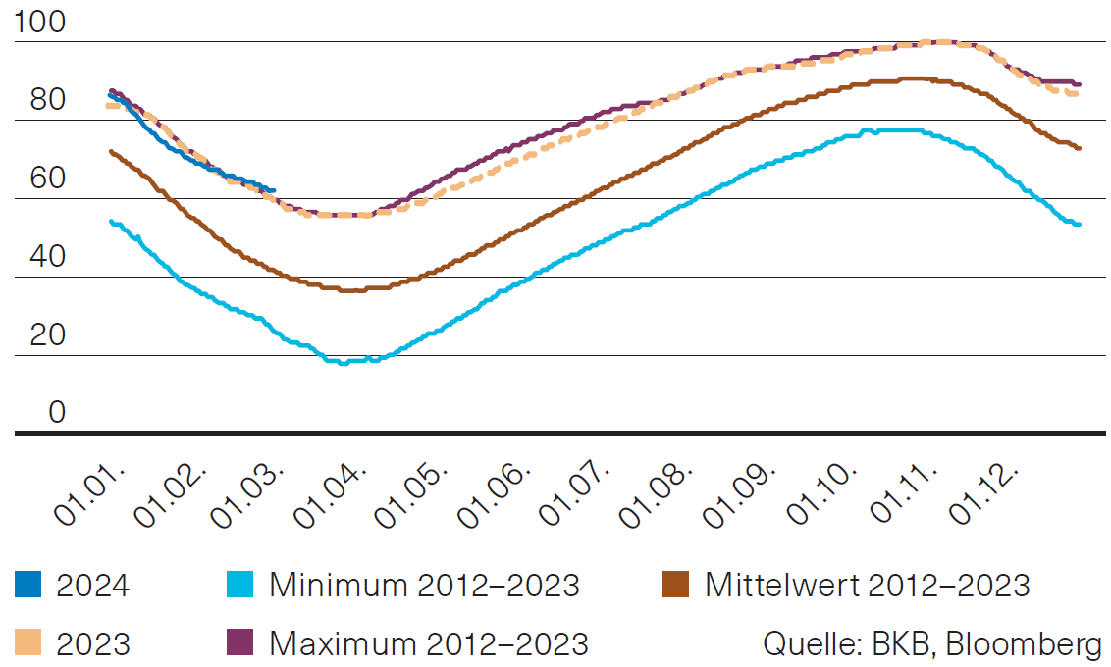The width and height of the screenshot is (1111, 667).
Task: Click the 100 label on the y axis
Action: coord(39,24)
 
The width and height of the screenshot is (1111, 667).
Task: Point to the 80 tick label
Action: coord(39,100)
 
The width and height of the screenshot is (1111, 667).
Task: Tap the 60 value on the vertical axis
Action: coord(39,179)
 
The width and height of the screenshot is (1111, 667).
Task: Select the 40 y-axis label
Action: coord(39,257)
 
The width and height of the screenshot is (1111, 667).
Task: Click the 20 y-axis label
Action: coord(39,335)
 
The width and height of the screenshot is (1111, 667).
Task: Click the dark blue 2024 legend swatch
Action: coord(28,586)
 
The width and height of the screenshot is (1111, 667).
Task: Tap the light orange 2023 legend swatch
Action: coord(28,643)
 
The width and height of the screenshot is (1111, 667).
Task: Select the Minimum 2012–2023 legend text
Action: coord(424,586)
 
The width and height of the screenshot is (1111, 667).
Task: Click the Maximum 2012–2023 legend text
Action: coord(428,643)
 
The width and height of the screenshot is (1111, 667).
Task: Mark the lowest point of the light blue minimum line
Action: coord(343,363)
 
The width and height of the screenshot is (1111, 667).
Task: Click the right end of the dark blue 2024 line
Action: coord(275,190)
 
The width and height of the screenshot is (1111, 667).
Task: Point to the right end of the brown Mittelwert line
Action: coord(1079,148)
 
